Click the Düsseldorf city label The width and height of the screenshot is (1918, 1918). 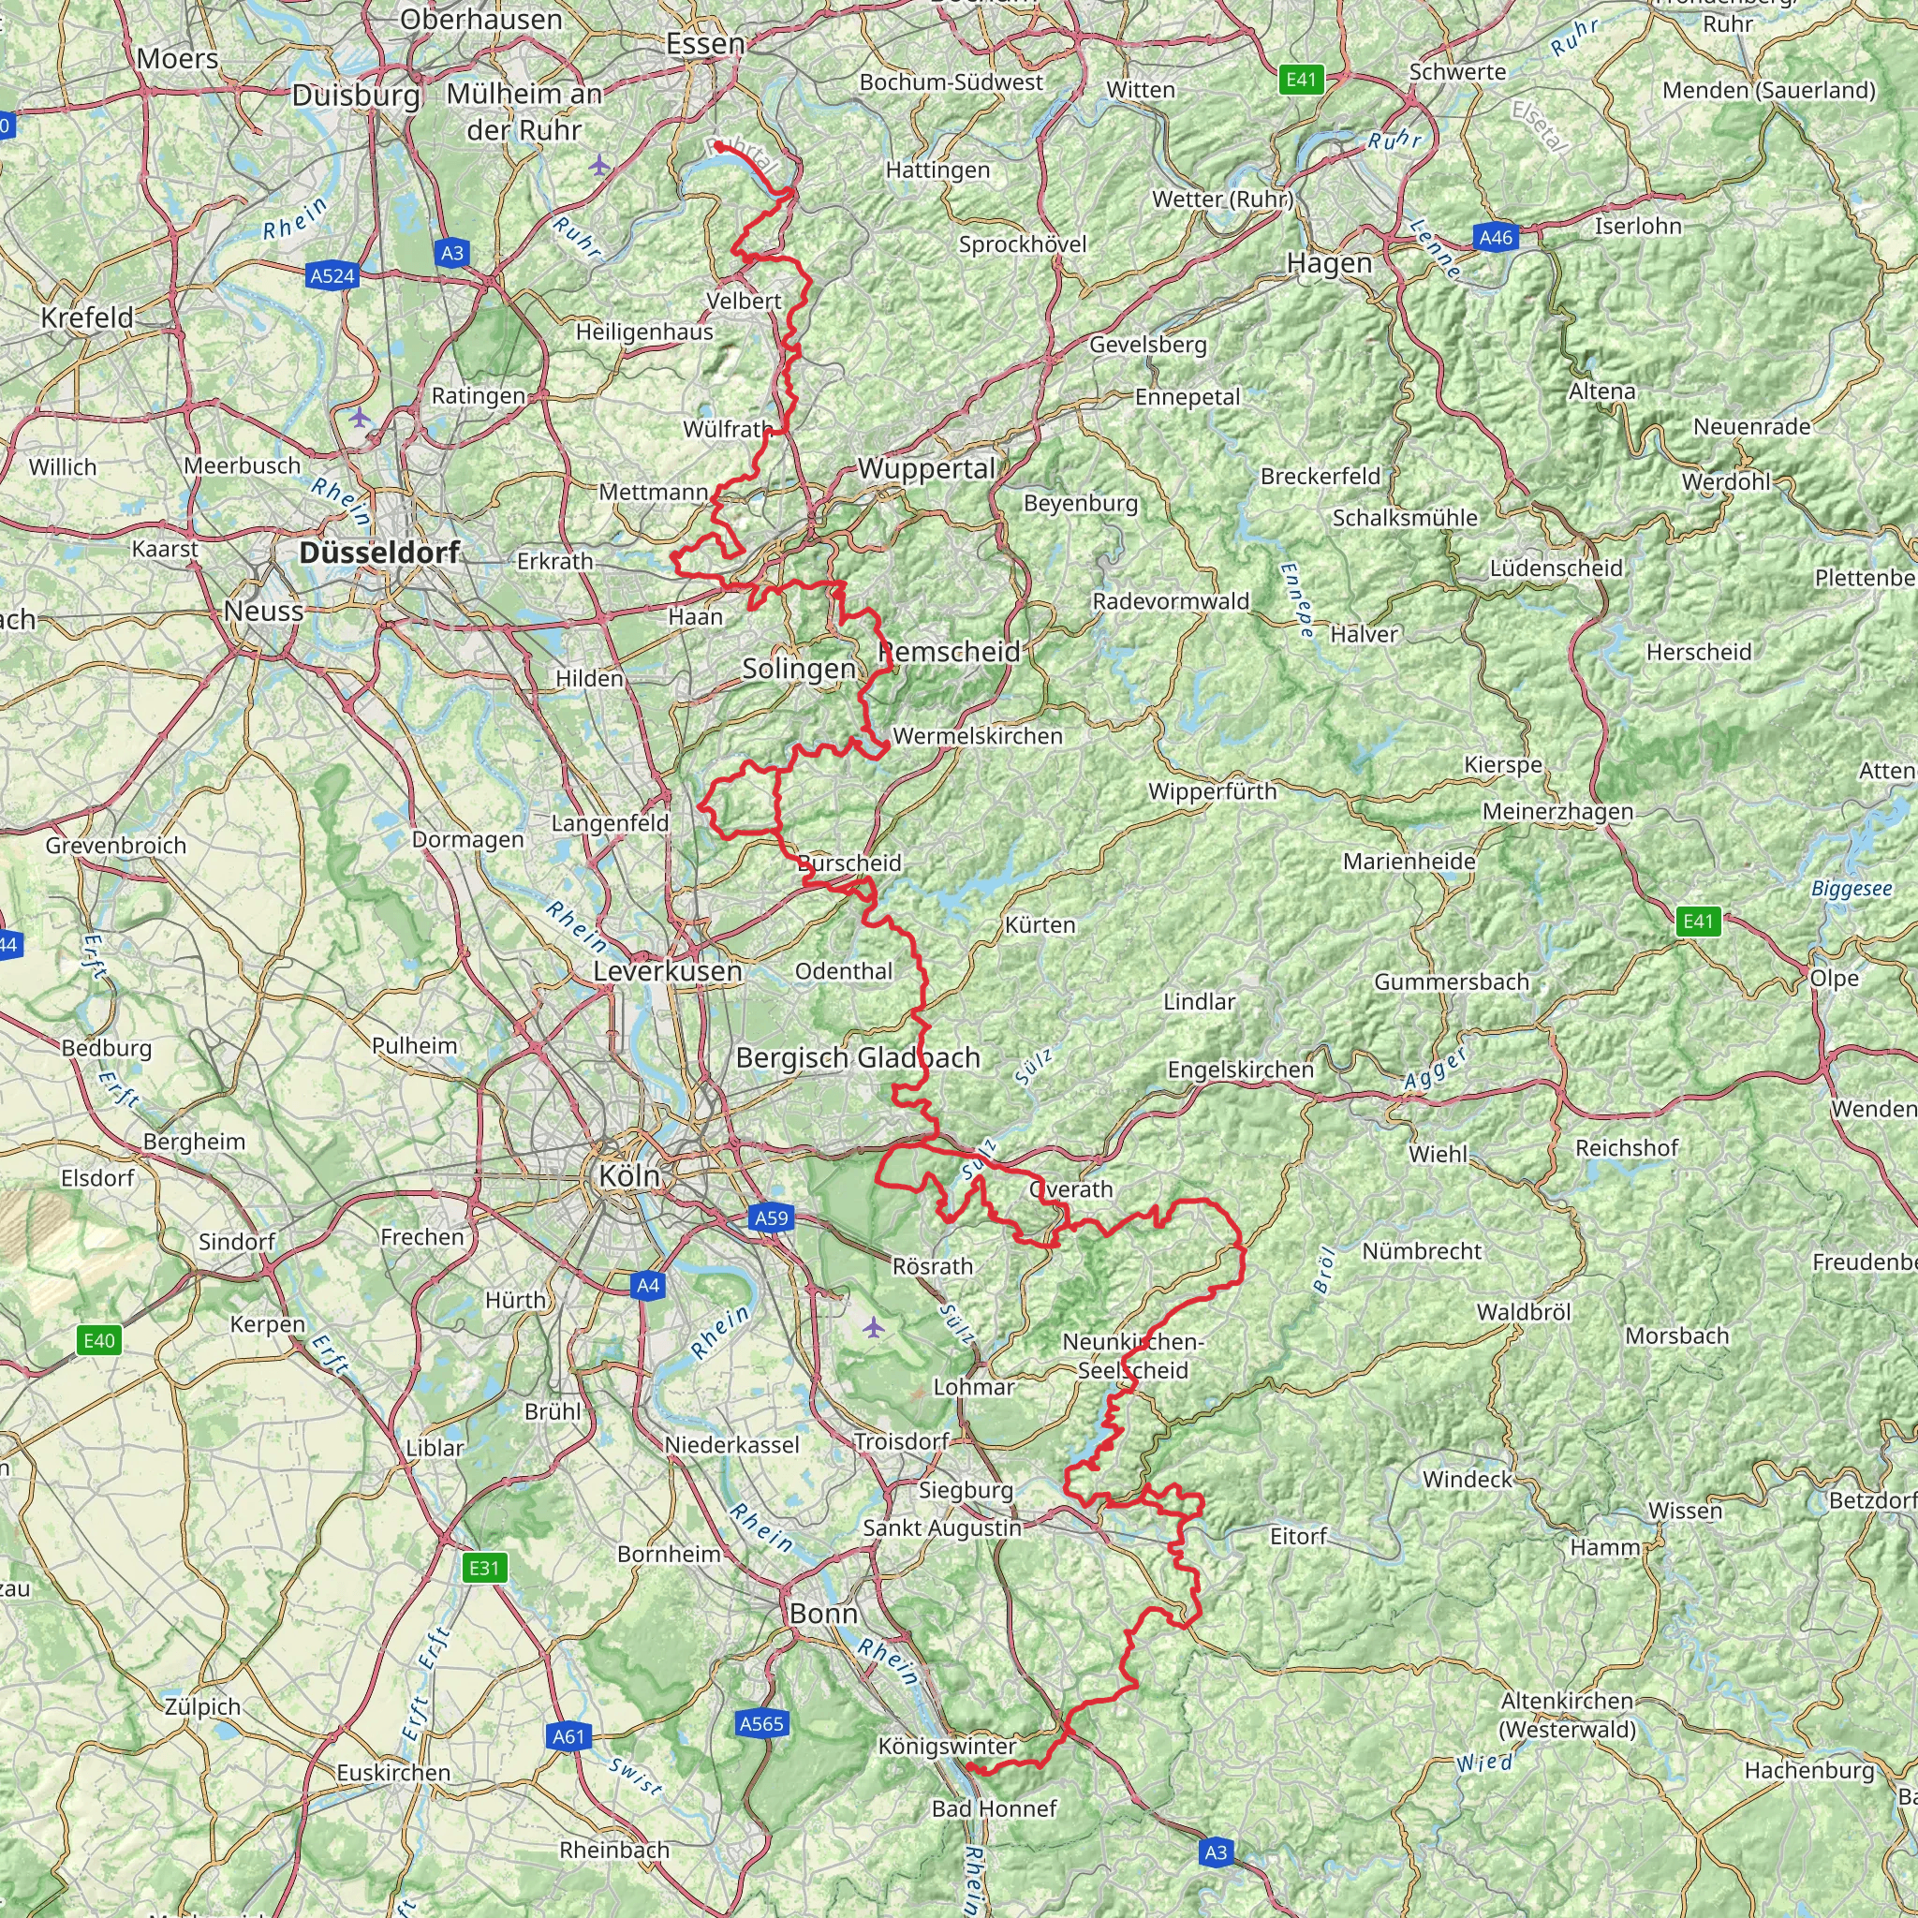[379, 553]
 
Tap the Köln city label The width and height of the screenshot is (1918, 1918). [628, 1176]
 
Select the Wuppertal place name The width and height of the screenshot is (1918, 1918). [926, 468]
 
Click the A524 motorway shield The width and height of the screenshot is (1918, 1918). [332, 276]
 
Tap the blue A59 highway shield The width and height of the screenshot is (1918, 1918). [772, 1218]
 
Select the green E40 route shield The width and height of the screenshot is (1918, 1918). [99, 1341]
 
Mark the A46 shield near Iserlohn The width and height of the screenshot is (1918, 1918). [1495, 237]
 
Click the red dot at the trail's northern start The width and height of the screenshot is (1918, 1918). [717, 146]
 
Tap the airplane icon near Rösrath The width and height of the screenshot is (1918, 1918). [873, 1326]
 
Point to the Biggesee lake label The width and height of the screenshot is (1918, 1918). [1851, 889]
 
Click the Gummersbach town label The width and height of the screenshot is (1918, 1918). [1452, 981]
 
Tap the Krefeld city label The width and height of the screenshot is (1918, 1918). [86, 317]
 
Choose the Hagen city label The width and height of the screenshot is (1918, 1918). [1329, 263]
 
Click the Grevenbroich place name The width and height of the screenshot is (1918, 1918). [116, 846]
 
